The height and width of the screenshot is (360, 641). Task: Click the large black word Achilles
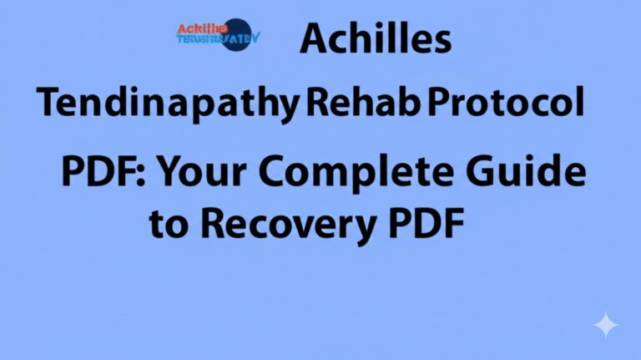pyautogui.click(x=375, y=38)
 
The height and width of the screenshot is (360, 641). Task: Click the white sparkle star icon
pyautogui.click(x=606, y=325)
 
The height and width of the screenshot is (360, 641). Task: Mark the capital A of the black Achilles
pyautogui.click(x=316, y=38)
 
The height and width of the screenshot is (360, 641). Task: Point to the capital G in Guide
pyautogui.click(x=493, y=173)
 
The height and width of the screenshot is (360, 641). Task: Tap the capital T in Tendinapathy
pyautogui.click(x=49, y=104)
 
